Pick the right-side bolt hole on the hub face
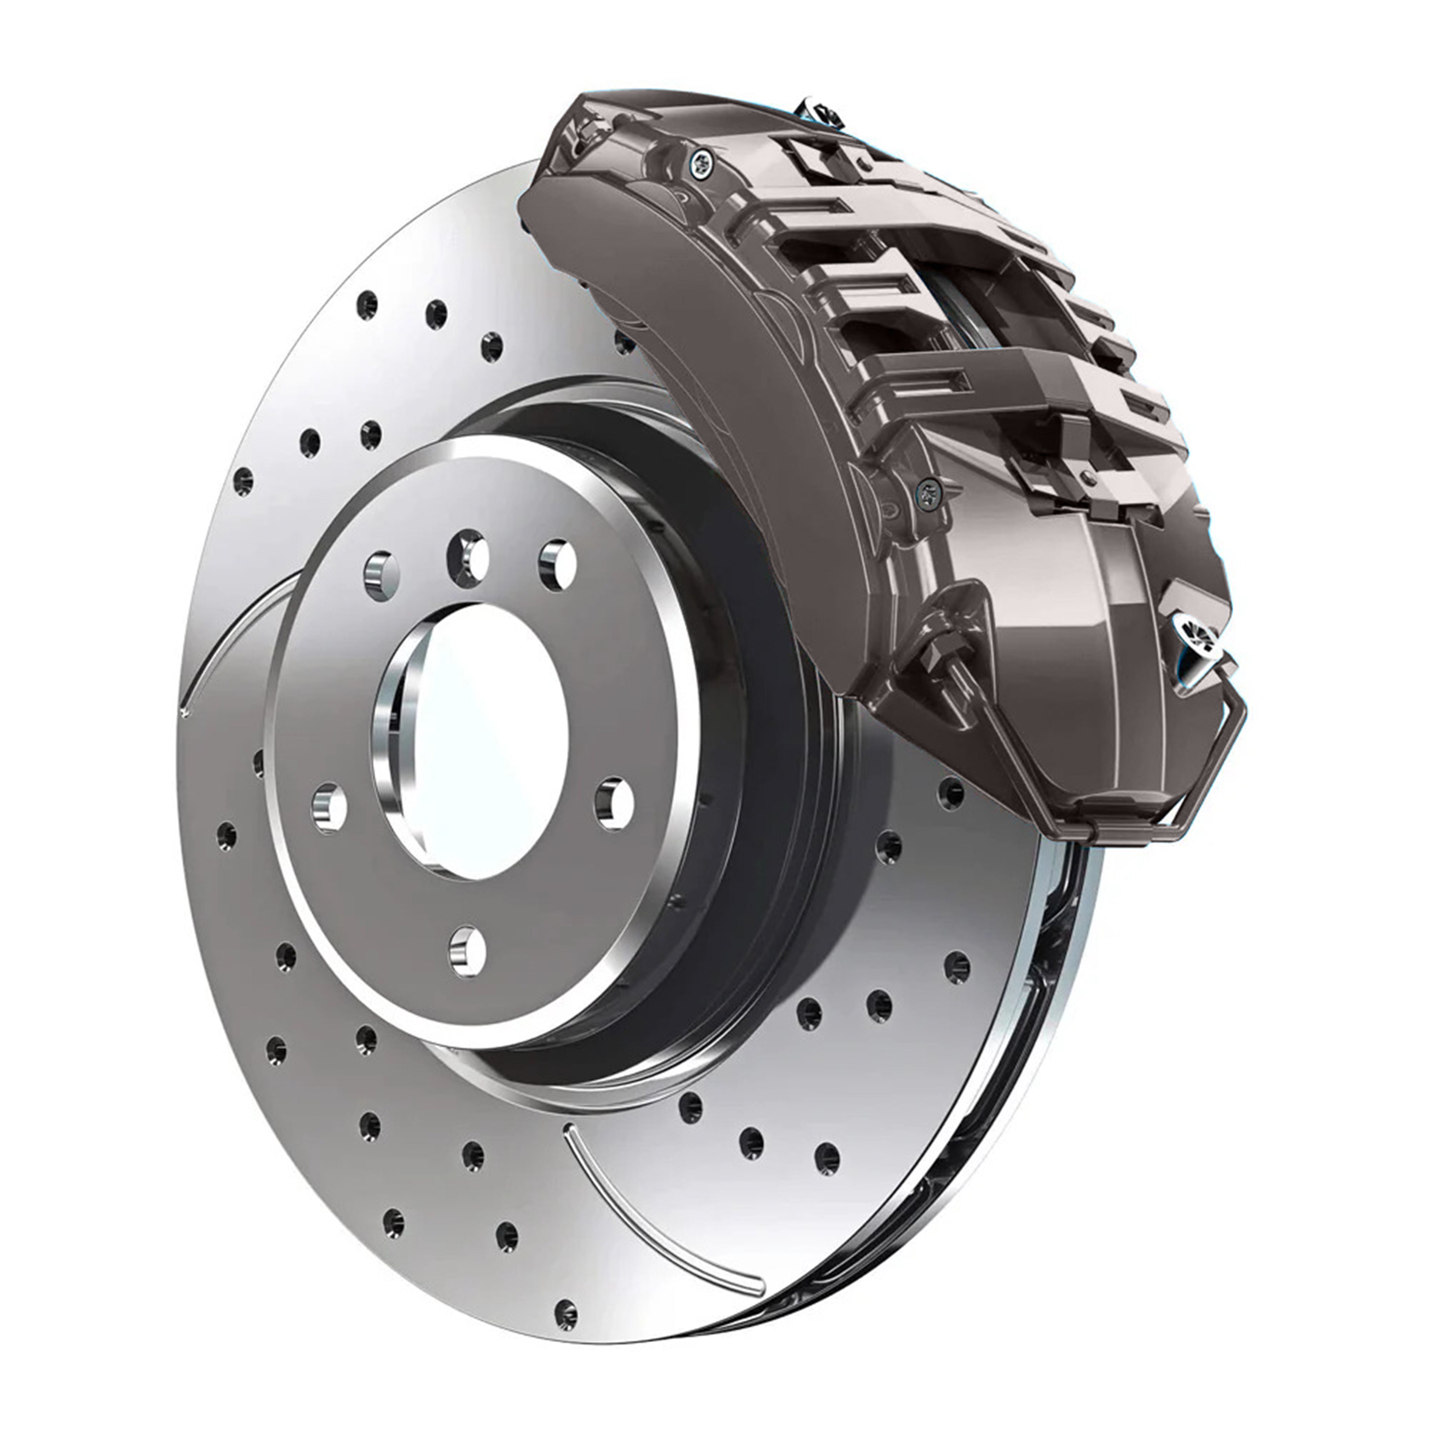614,803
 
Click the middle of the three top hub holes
468,557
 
